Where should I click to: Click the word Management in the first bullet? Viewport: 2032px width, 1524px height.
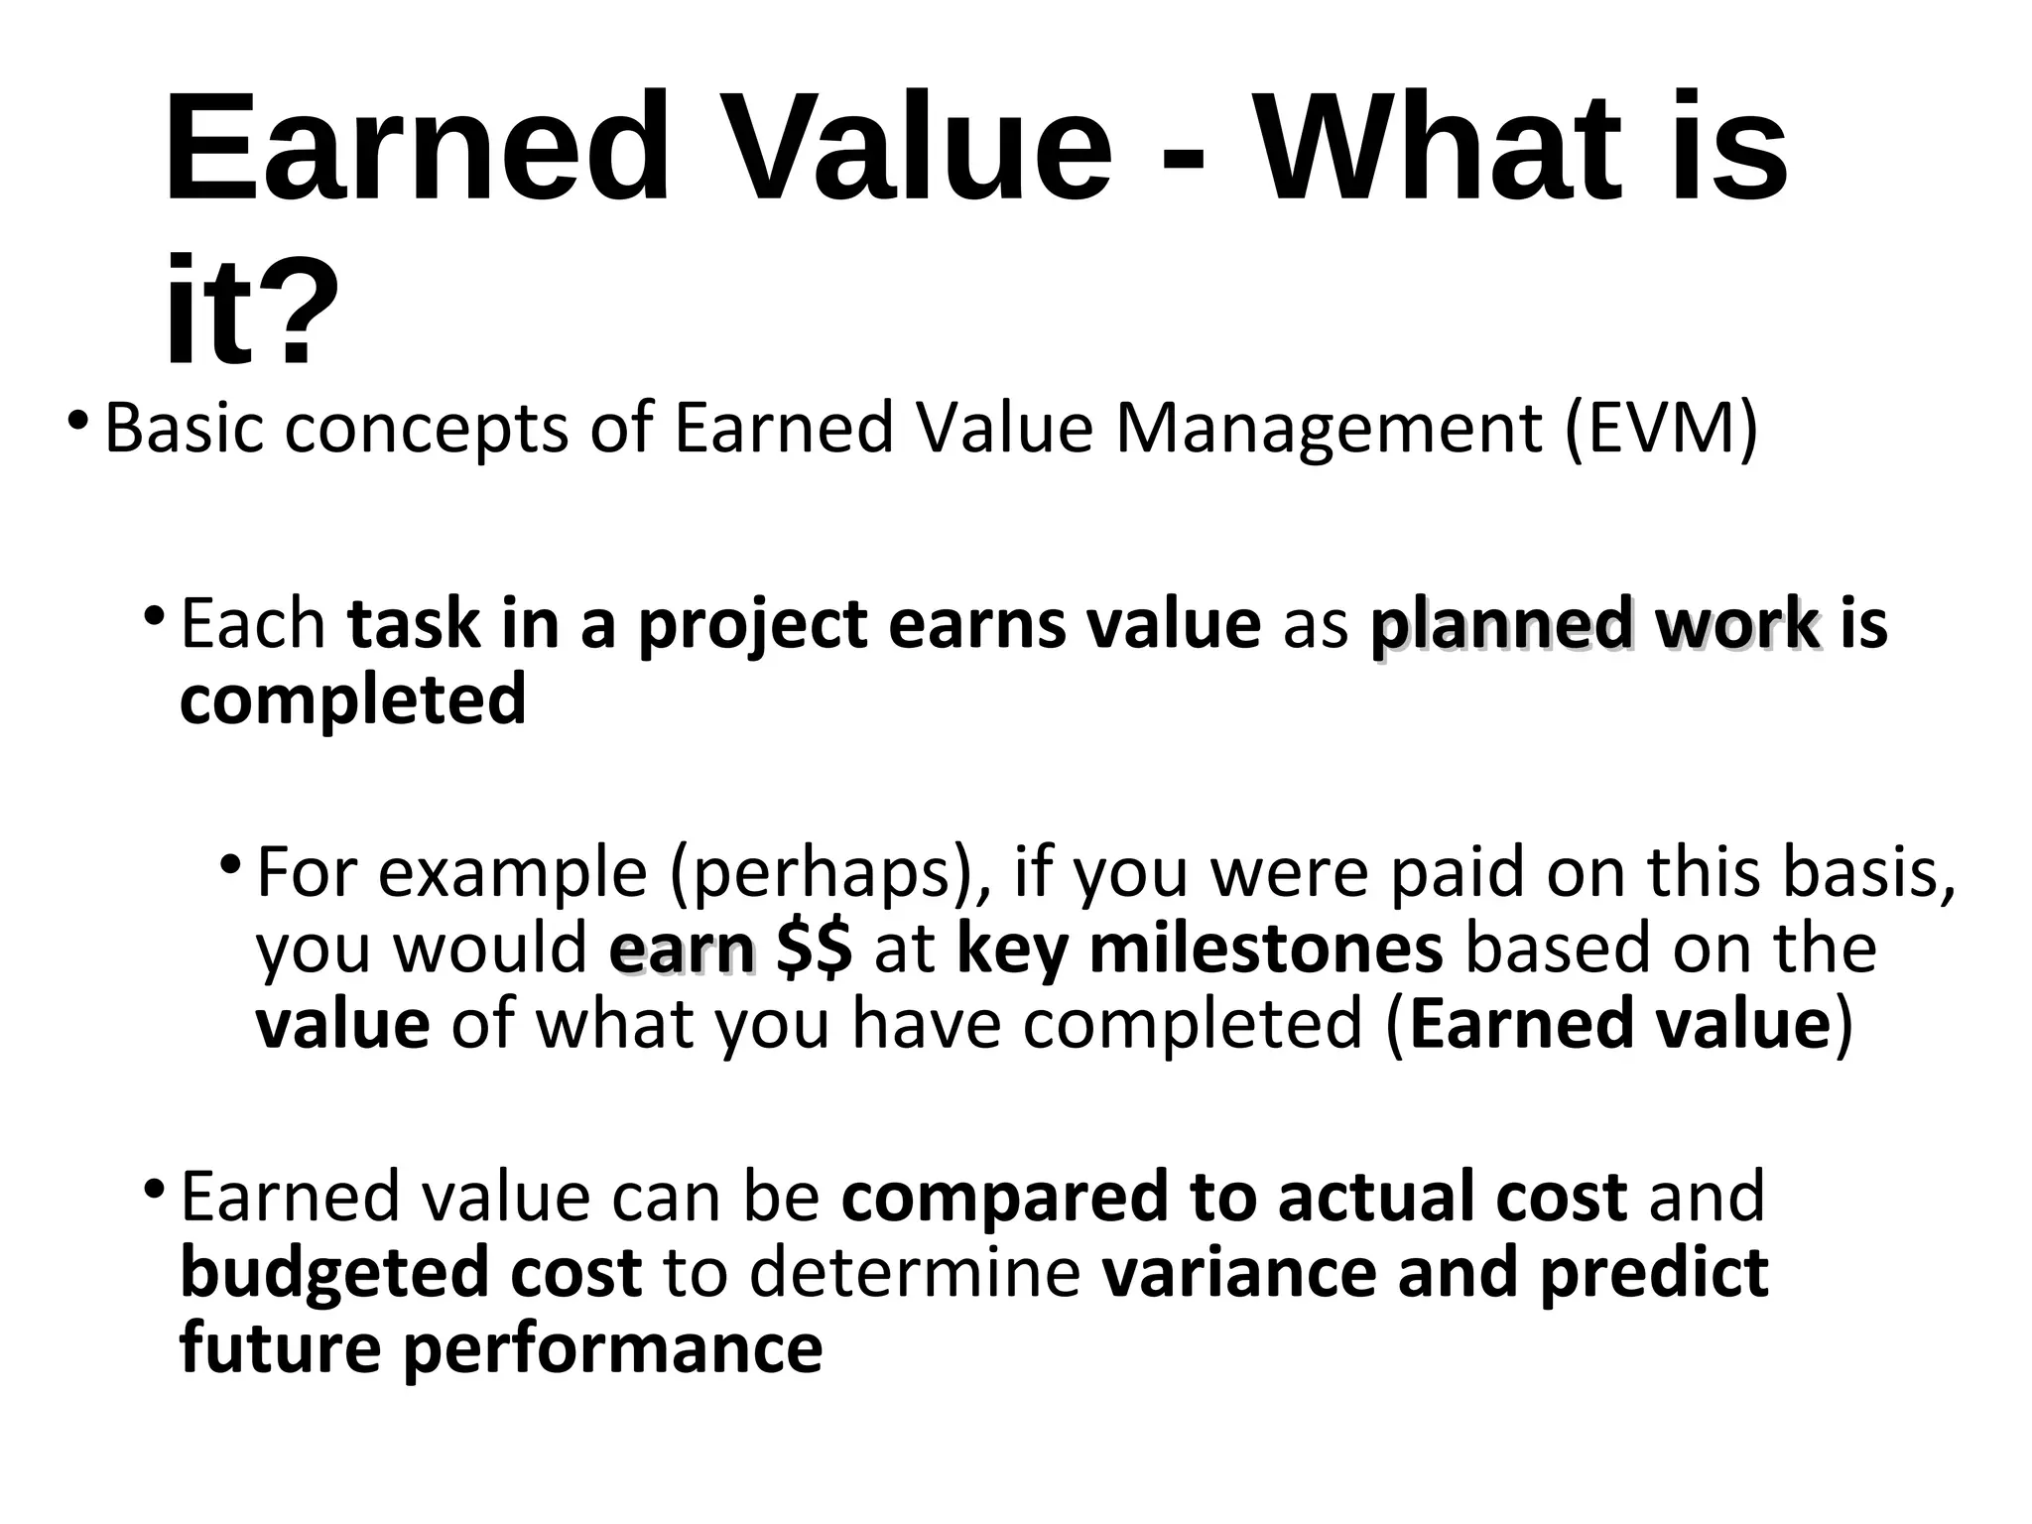(1329, 428)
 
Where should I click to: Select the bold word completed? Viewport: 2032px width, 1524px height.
(352, 700)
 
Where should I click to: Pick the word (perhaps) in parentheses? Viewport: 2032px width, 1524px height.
(829, 873)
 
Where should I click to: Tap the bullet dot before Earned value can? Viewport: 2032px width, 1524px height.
(154, 1186)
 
